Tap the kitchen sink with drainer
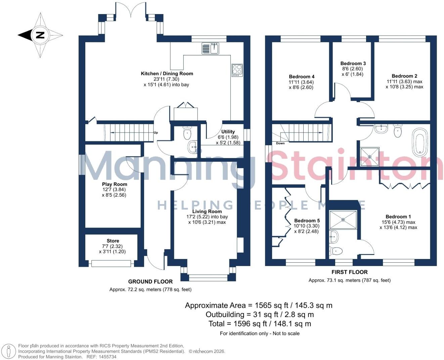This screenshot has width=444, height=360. [x=210, y=48]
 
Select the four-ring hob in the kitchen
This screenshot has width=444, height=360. [x=237, y=70]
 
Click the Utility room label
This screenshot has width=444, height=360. [x=228, y=132]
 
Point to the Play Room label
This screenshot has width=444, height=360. [x=115, y=184]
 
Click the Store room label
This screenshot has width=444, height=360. [x=113, y=241]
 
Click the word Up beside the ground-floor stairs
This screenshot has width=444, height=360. [x=156, y=133]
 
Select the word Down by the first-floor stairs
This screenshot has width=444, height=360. [x=280, y=143]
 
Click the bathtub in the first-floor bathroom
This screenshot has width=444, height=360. [x=420, y=142]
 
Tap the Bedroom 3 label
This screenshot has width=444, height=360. [x=353, y=63]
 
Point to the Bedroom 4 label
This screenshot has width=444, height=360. [x=302, y=76]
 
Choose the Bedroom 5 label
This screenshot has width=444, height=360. [x=307, y=220]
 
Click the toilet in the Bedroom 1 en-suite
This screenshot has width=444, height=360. [x=336, y=251]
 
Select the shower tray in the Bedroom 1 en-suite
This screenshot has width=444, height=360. [x=343, y=220]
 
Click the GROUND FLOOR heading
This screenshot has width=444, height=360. [x=150, y=281]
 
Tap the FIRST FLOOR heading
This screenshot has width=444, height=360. [x=350, y=272]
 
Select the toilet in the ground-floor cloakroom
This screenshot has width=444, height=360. [x=187, y=133]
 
